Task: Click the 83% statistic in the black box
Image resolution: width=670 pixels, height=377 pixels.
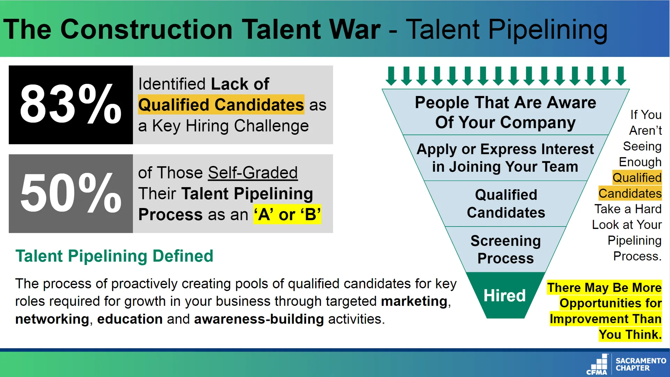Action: click(x=70, y=104)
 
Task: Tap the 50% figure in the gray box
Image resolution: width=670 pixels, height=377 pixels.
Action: click(x=70, y=193)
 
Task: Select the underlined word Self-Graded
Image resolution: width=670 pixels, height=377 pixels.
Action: click(x=253, y=173)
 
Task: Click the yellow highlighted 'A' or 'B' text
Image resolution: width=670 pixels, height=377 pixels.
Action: click(x=287, y=214)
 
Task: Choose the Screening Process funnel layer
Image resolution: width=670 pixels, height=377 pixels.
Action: click(x=505, y=250)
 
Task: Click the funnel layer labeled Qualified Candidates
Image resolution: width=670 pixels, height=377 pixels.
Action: click(x=506, y=204)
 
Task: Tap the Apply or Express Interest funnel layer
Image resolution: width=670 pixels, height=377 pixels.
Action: click(x=505, y=158)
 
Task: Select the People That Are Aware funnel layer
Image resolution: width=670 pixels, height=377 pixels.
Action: click(x=506, y=112)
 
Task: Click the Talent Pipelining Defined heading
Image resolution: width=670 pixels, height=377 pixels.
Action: click(x=114, y=256)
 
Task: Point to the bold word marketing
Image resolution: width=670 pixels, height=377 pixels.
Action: click(x=414, y=301)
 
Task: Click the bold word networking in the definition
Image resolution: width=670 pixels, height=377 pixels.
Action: click(x=52, y=319)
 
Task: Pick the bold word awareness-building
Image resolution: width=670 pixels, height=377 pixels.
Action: click(x=259, y=319)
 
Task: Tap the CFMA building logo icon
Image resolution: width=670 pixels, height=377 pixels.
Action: click(x=597, y=364)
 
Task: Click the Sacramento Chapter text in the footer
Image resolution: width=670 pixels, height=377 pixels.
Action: click(x=641, y=364)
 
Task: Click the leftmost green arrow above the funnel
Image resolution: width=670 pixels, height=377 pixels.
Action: click(x=391, y=76)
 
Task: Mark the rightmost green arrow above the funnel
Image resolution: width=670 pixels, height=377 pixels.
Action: click(x=621, y=76)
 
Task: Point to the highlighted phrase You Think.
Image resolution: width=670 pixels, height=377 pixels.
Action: click(x=630, y=334)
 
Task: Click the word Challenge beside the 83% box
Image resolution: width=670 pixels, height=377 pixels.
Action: click(x=271, y=126)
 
